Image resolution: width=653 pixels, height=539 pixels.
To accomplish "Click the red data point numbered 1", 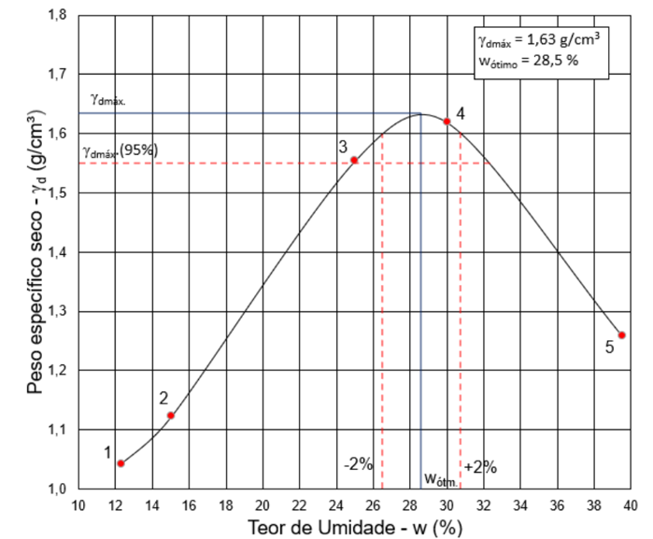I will click(121, 462).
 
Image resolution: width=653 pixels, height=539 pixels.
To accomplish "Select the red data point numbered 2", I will click(171, 415).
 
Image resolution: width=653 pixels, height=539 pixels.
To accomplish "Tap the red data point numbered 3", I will click(354, 160).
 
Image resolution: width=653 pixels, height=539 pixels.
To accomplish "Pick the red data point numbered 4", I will click(447, 121).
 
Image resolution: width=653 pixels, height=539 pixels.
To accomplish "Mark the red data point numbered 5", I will click(621, 335).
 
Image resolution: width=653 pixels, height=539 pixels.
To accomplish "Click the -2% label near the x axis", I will click(358, 464).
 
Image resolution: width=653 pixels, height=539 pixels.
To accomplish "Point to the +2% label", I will click(479, 467).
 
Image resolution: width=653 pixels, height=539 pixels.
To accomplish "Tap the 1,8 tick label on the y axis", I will click(58, 16).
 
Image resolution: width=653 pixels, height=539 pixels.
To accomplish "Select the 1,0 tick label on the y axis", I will click(58, 489).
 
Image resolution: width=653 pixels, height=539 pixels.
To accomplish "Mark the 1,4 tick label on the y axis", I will click(58, 252).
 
